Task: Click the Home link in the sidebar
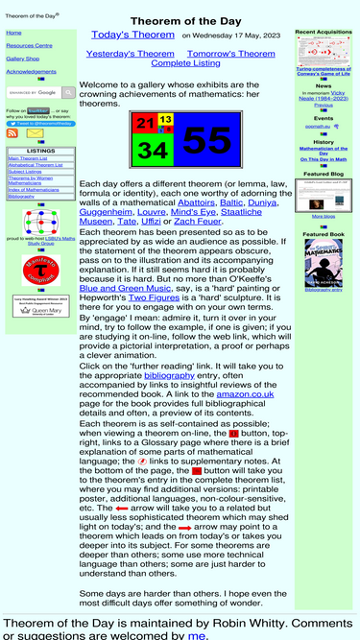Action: (13, 33)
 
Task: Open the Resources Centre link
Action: (29, 45)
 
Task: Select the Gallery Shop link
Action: (22, 59)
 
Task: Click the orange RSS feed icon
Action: (12, 133)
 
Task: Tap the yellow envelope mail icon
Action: (35, 133)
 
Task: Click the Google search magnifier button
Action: (68, 93)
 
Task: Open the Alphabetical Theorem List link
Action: (35, 165)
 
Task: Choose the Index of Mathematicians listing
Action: (34, 190)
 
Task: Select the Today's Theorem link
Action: (132, 35)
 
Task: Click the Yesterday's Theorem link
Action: (131, 54)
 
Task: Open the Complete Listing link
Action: (185, 63)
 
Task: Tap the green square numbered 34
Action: (152, 150)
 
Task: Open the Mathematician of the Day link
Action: (324, 151)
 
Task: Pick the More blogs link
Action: (324, 217)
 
